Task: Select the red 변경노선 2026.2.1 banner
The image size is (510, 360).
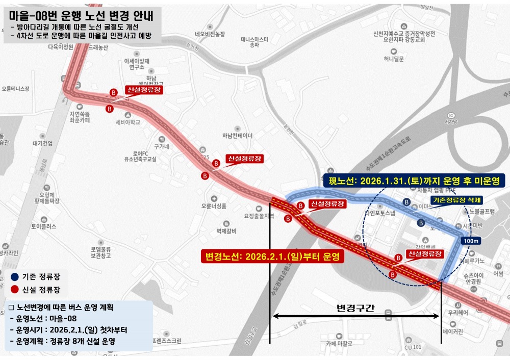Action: pos(272,255)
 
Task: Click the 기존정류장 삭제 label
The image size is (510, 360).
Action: pos(456,200)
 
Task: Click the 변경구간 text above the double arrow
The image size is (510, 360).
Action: pos(355,307)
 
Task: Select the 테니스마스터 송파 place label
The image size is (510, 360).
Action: pos(255,42)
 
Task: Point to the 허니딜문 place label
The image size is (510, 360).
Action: pos(394,59)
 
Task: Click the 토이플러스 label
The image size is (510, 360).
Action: pos(43,225)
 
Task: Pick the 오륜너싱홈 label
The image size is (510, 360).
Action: pos(214,206)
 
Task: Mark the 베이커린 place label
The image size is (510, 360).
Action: pos(452,332)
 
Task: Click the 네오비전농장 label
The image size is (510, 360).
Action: pos(210,34)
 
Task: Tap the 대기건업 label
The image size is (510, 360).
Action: pos(42,143)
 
